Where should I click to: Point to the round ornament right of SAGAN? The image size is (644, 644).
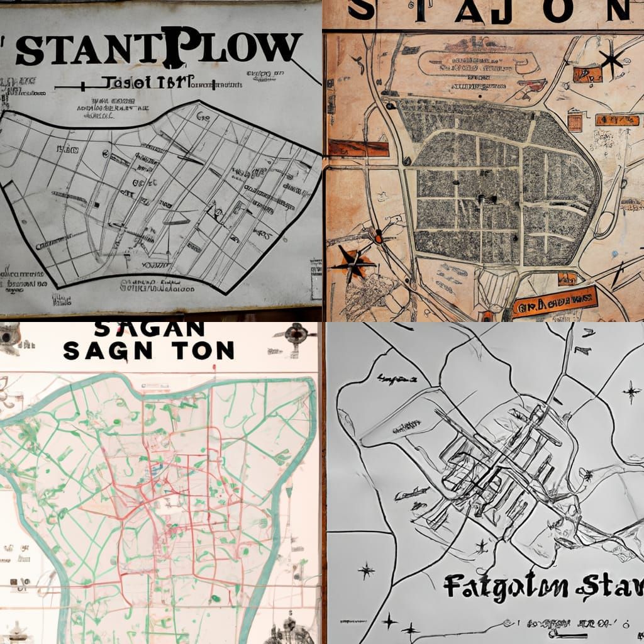coord(296,334)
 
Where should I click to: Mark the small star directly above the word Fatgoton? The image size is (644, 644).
coord(482,546)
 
